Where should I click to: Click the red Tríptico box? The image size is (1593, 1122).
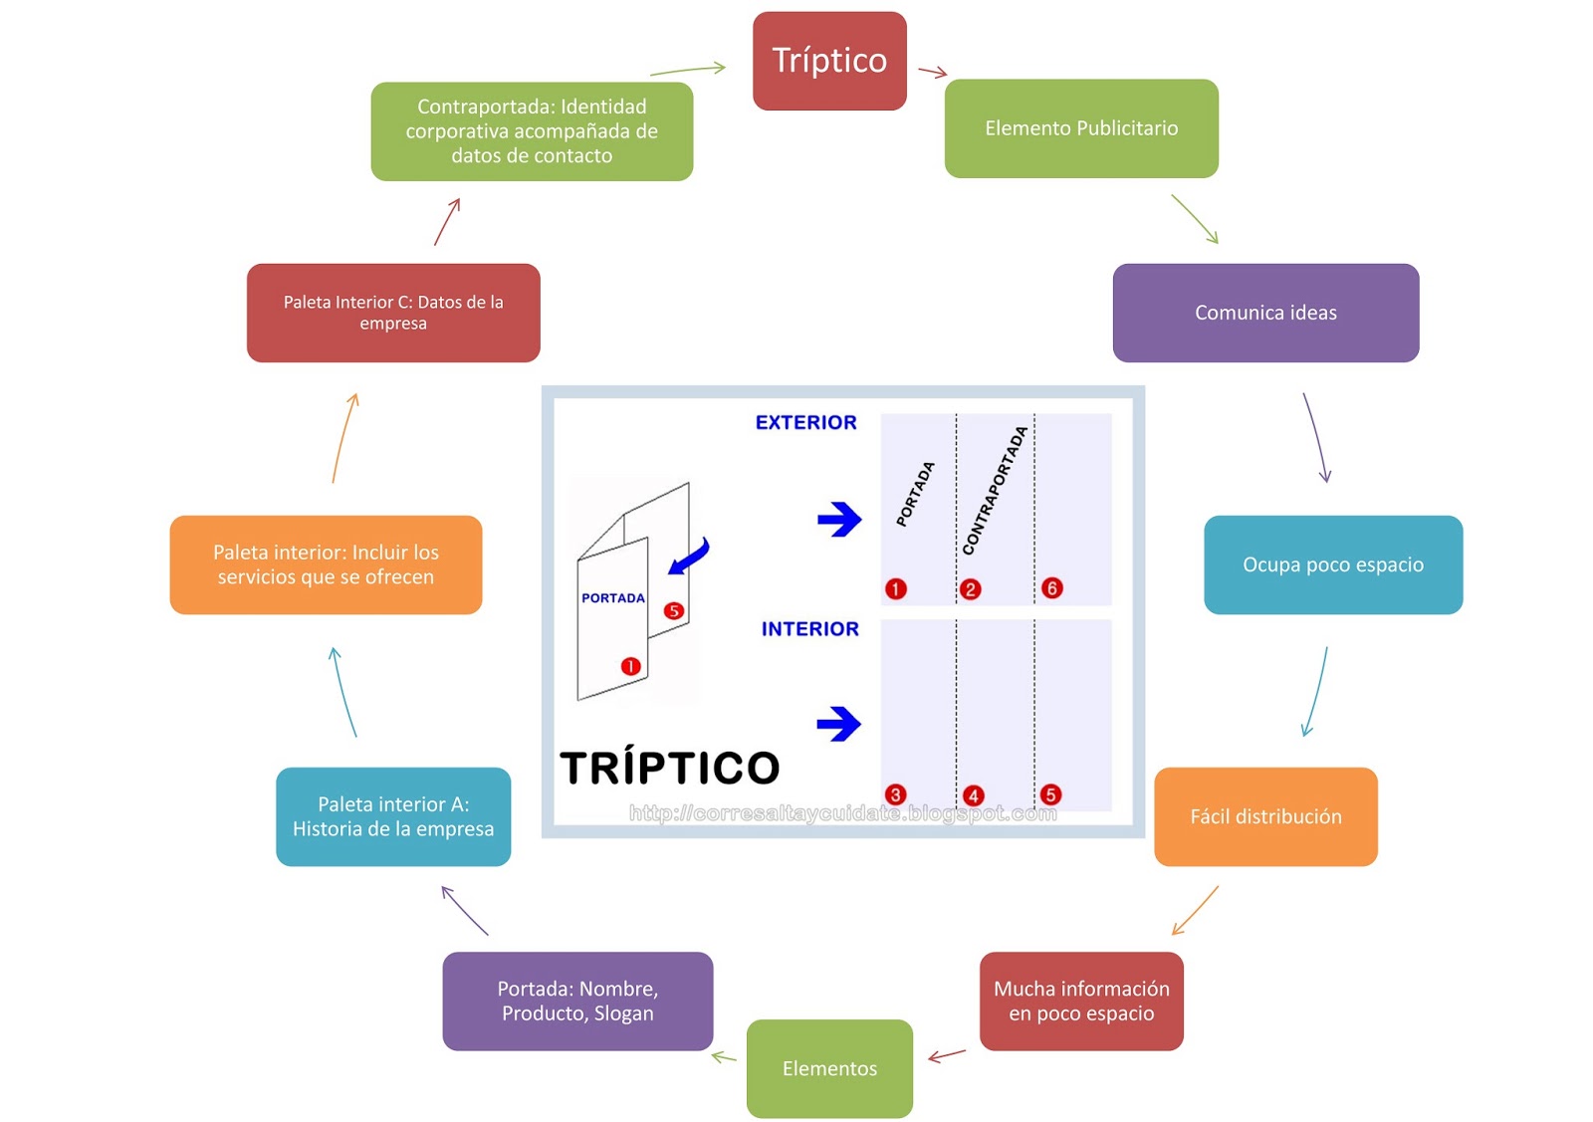tap(829, 61)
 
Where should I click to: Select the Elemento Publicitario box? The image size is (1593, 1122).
tap(1081, 128)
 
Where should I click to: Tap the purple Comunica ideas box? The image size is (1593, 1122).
tap(1265, 313)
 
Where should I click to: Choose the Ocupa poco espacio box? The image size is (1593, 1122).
tap(1333, 564)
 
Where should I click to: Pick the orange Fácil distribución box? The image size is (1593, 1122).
tap(1265, 816)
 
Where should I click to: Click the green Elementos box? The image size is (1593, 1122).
tap(829, 1068)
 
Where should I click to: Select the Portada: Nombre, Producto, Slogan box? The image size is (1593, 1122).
tap(577, 1001)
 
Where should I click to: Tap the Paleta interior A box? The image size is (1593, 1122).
tap(393, 816)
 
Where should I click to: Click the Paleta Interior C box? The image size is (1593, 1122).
tap(393, 313)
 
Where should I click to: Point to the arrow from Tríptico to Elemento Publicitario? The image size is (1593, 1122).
tap(932, 72)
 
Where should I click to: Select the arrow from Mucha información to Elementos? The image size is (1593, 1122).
tap(947, 1054)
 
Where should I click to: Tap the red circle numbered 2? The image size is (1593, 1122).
tap(970, 589)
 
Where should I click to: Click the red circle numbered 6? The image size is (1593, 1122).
tap(1051, 588)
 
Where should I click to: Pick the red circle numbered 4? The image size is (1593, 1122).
tap(973, 795)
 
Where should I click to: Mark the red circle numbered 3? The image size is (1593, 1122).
tap(895, 794)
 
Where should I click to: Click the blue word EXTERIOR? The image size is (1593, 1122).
tap(805, 422)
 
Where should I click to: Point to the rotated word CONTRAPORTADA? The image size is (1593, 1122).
tap(995, 490)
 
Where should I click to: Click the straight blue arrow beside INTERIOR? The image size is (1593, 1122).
tap(838, 724)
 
